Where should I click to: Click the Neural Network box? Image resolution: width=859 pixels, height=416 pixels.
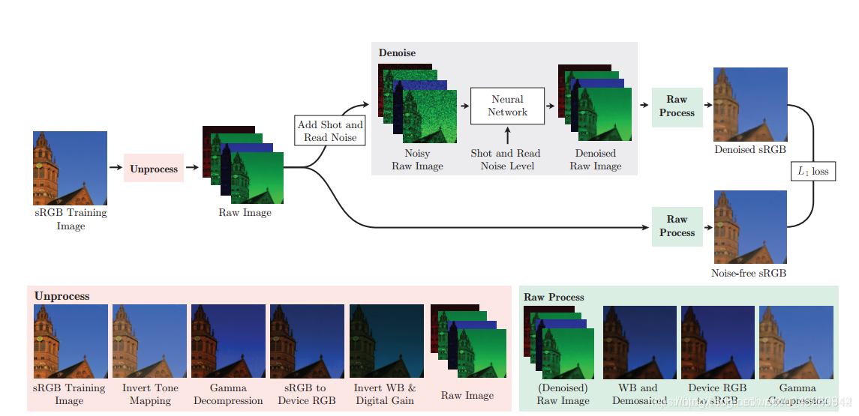507,106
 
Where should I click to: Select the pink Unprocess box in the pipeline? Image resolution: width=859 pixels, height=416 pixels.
154,169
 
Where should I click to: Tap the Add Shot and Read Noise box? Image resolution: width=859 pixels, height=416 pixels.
330,131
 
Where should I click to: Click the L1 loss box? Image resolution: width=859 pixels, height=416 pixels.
813,172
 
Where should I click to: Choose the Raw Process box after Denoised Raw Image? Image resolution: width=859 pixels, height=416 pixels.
677,106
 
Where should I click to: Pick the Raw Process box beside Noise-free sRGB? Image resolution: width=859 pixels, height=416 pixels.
677,226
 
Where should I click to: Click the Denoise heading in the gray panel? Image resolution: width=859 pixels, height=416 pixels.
397,53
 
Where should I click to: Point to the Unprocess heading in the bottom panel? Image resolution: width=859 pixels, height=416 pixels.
62,296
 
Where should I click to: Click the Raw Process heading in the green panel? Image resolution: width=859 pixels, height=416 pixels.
554,297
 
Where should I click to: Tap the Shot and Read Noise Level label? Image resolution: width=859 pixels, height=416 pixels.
507,159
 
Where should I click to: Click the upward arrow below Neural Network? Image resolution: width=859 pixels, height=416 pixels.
507,136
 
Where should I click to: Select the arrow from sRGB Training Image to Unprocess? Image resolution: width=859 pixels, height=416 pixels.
116,168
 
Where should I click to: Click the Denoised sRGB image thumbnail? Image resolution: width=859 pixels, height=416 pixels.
751,104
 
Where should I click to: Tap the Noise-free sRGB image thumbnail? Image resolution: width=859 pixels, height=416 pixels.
750,227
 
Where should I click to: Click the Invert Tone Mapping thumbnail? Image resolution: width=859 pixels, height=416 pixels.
150,341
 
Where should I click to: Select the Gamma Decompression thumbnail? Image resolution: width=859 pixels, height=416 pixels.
228,341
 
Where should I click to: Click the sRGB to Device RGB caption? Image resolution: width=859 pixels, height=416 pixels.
307,394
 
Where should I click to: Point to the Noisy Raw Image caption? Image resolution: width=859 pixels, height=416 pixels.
417,160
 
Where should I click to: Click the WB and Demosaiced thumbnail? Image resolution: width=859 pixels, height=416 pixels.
638,342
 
